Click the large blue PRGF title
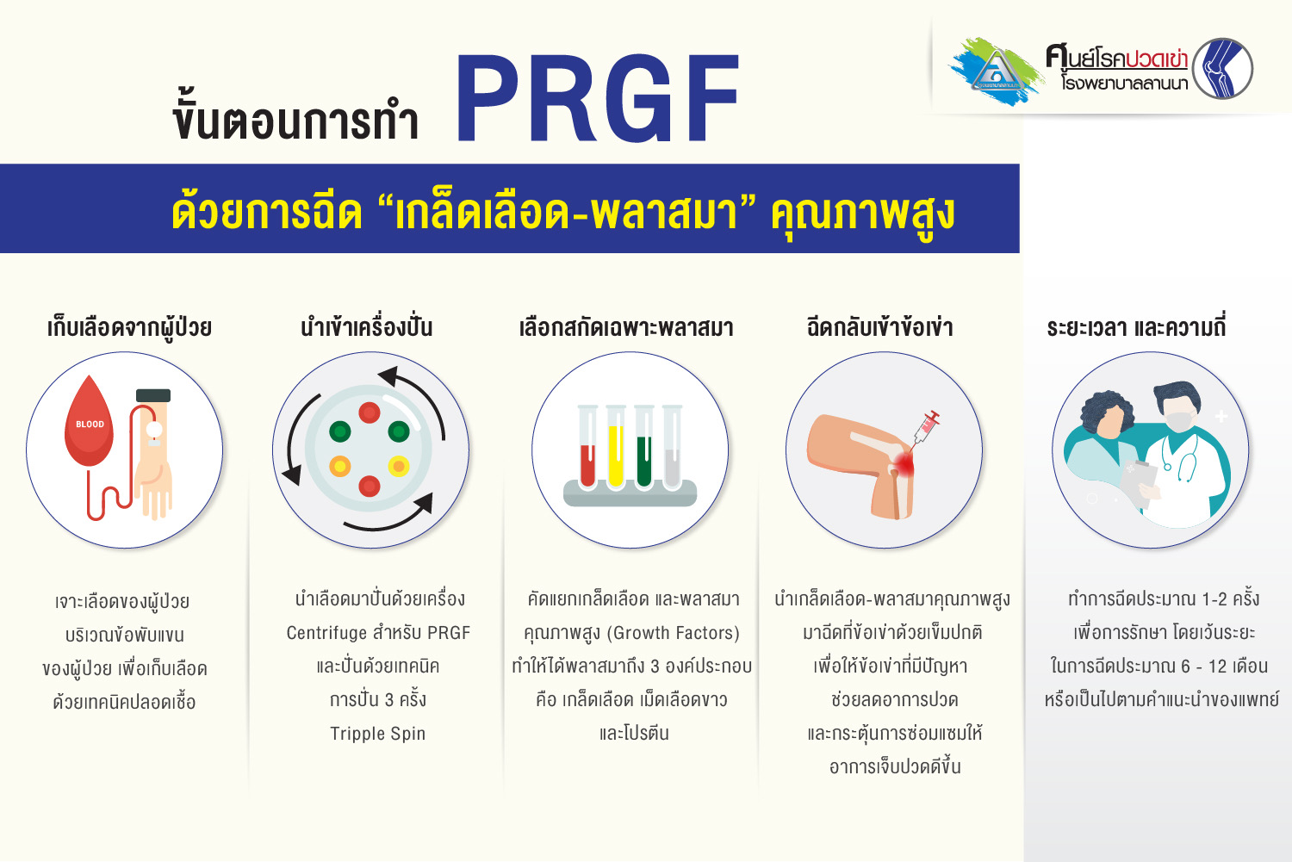(x=598, y=98)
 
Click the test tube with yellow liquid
(x=616, y=448)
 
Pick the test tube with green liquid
(x=643, y=448)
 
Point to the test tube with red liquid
(x=587, y=448)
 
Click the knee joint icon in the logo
(x=1222, y=69)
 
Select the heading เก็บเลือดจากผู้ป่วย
(x=130, y=327)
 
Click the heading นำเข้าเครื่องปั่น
(x=367, y=327)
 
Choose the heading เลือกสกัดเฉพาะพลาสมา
(x=626, y=327)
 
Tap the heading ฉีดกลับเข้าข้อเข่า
(x=879, y=327)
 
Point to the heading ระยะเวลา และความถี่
(x=1136, y=327)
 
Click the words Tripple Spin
(x=378, y=734)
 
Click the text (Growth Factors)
(x=673, y=633)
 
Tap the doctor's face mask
(x=1178, y=420)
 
